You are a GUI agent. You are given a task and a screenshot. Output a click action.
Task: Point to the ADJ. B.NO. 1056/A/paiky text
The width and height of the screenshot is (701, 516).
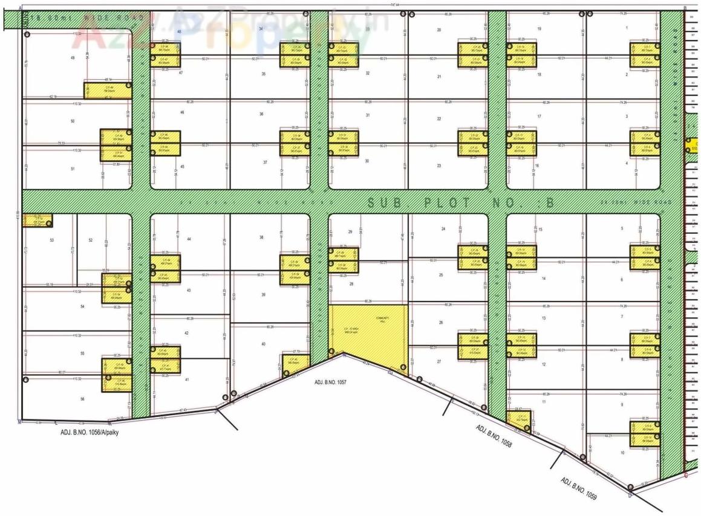tap(85, 432)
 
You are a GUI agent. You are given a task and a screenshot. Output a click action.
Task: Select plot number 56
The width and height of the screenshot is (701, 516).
tap(82, 399)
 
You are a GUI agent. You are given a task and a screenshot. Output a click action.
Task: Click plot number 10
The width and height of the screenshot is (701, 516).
tap(622, 452)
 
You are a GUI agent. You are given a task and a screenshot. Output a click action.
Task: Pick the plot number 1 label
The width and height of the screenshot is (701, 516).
tap(627, 28)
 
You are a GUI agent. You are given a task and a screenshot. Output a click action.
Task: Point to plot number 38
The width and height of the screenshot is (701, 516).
tap(261, 237)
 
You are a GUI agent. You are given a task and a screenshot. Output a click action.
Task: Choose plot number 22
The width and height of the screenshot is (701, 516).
tap(439, 118)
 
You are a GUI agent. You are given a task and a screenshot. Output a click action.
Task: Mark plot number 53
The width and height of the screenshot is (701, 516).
tap(52, 240)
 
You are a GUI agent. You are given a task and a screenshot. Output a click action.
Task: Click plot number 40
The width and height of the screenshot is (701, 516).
tap(263, 344)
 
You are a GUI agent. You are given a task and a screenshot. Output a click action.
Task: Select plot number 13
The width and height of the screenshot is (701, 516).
tap(544, 317)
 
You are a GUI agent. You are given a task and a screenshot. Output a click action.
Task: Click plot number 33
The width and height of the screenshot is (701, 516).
tap(367, 28)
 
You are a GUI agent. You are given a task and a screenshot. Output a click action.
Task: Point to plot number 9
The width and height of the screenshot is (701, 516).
tap(621, 404)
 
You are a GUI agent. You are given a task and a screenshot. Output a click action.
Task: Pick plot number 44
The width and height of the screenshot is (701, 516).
tap(189, 239)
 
